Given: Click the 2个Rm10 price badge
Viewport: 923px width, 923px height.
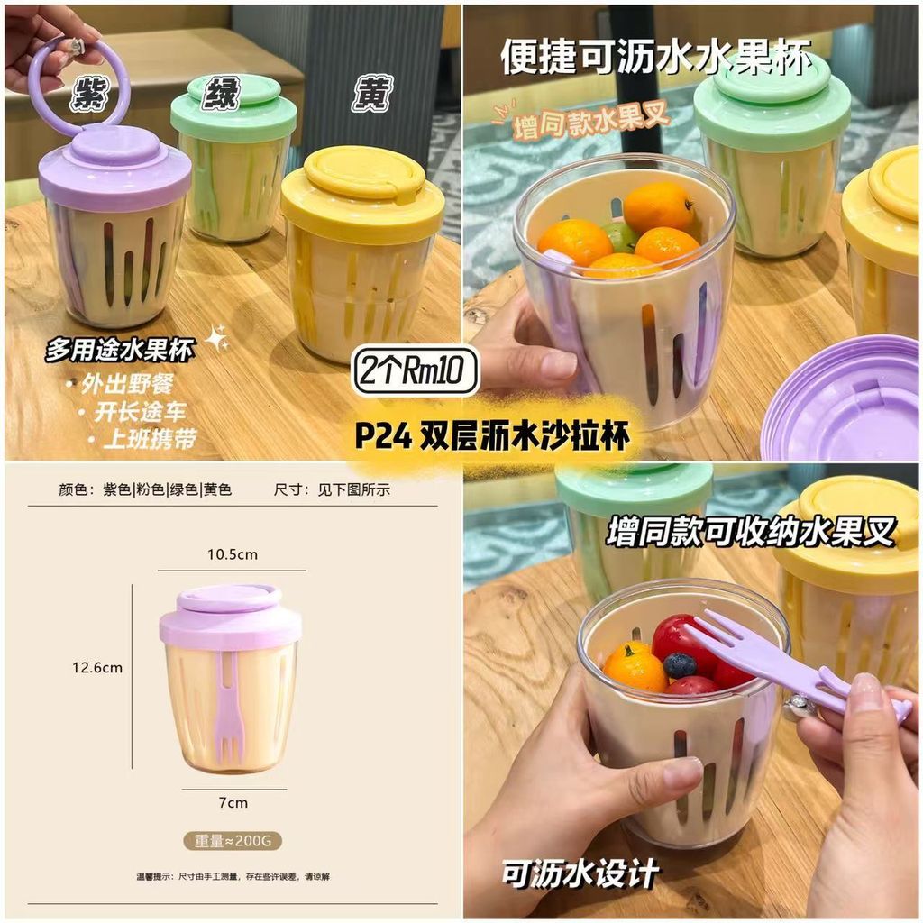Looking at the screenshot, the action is (x=415, y=370).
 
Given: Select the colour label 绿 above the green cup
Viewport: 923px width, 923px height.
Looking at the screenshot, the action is (x=222, y=93).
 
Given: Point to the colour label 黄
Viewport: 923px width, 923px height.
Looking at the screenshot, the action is (x=372, y=93).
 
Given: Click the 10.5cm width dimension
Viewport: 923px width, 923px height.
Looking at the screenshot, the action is (x=233, y=554).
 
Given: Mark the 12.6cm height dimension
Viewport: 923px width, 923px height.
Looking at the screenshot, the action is (x=97, y=668).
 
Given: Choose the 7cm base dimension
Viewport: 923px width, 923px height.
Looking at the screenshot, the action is (x=233, y=803).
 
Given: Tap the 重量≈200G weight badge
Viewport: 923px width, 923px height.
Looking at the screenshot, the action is (x=233, y=841).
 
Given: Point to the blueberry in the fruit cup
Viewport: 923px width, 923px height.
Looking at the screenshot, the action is (x=680, y=665).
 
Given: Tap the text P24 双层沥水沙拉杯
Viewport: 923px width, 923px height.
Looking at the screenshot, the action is (x=492, y=436).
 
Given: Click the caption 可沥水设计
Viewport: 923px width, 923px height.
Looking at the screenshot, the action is (x=580, y=873).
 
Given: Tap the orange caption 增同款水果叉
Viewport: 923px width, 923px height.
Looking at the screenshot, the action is (x=591, y=122).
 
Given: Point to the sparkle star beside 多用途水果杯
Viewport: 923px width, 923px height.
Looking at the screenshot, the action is (x=217, y=339).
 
